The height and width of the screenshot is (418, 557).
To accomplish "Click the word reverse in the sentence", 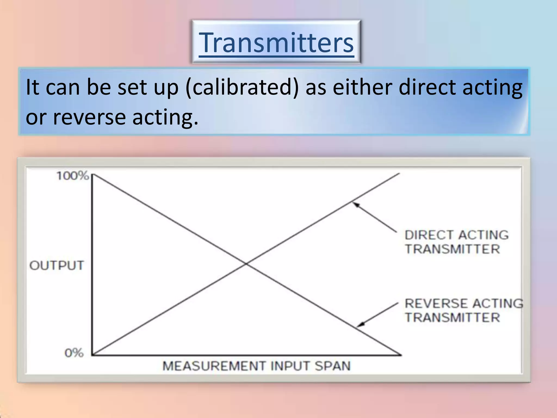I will pos(89,117).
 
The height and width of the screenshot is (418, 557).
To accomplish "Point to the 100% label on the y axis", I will pos(72,176).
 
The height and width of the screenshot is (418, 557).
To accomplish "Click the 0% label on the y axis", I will pos(74,353).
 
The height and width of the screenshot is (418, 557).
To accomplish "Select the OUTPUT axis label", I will pos(57,265).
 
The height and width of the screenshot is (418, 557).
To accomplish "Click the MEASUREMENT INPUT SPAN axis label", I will pos(256,366).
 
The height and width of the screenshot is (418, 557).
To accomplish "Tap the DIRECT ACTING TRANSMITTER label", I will pos(456,242).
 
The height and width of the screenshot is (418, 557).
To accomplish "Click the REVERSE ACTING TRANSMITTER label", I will pos(463,311).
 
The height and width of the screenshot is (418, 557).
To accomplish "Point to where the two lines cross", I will pos(246,263).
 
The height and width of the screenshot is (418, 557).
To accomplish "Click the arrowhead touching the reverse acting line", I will pos(360,324).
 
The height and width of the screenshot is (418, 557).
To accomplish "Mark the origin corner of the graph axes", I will pos(92,355).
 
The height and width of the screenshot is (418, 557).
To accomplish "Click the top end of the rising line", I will pos(399,173).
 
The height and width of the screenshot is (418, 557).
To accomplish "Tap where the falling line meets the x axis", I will pos(400,355).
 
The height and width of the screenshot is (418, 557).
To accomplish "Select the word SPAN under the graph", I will pos(332,366).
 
